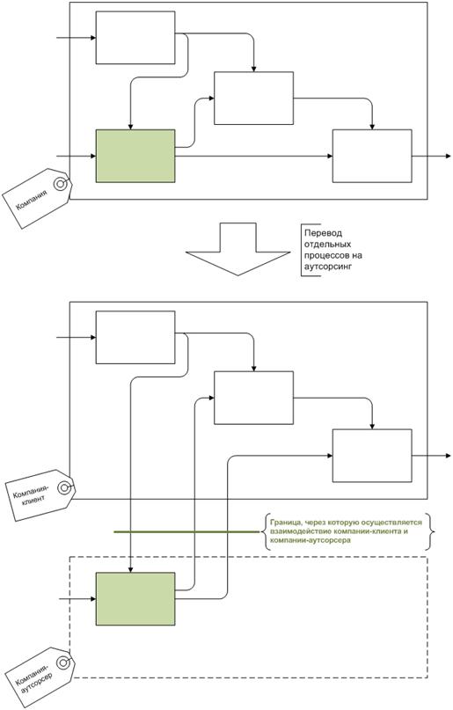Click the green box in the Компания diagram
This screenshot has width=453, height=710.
point(135,157)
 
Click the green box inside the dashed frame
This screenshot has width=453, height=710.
point(135,599)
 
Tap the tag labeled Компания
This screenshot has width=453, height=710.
point(37,198)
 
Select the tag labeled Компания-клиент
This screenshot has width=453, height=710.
point(40,495)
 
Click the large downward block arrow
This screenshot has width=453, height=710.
point(238,249)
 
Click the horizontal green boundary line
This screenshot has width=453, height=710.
point(186,531)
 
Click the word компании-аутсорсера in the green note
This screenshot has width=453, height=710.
point(310,540)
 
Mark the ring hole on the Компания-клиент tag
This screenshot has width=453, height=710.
point(65,487)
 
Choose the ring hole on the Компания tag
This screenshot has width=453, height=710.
point(60,184)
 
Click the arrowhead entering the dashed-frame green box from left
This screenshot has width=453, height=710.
point(93,599)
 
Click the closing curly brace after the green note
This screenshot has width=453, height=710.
point(431,531)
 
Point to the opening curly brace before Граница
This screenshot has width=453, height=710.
point(265,531)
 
